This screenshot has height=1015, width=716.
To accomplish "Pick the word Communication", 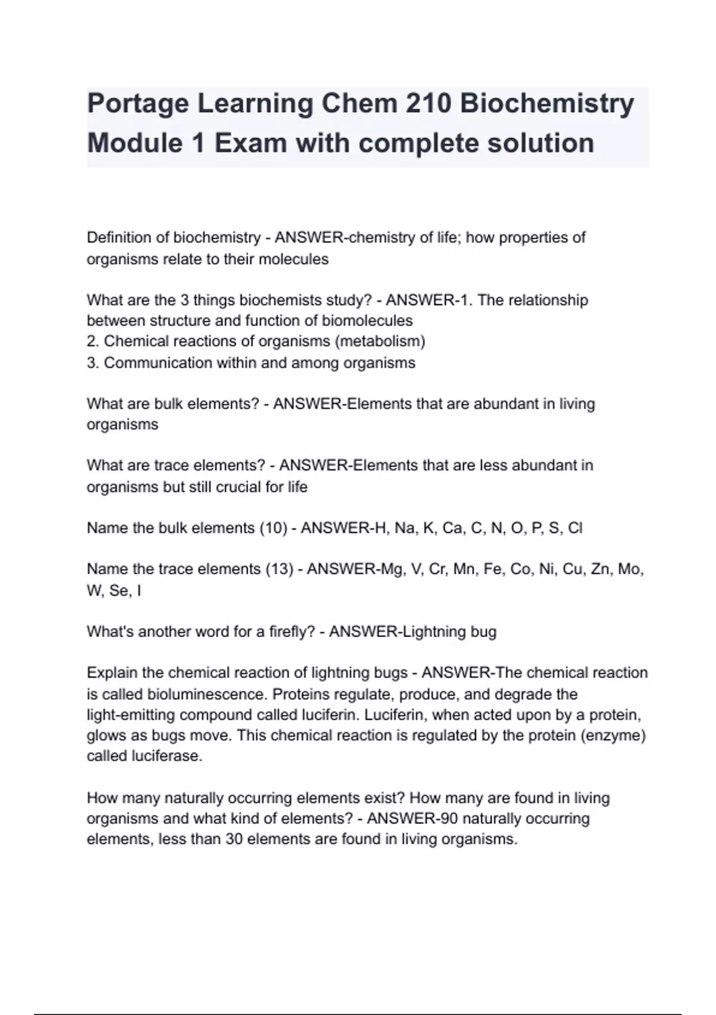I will (150, 363).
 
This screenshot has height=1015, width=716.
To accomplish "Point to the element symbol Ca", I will (452, 528).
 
